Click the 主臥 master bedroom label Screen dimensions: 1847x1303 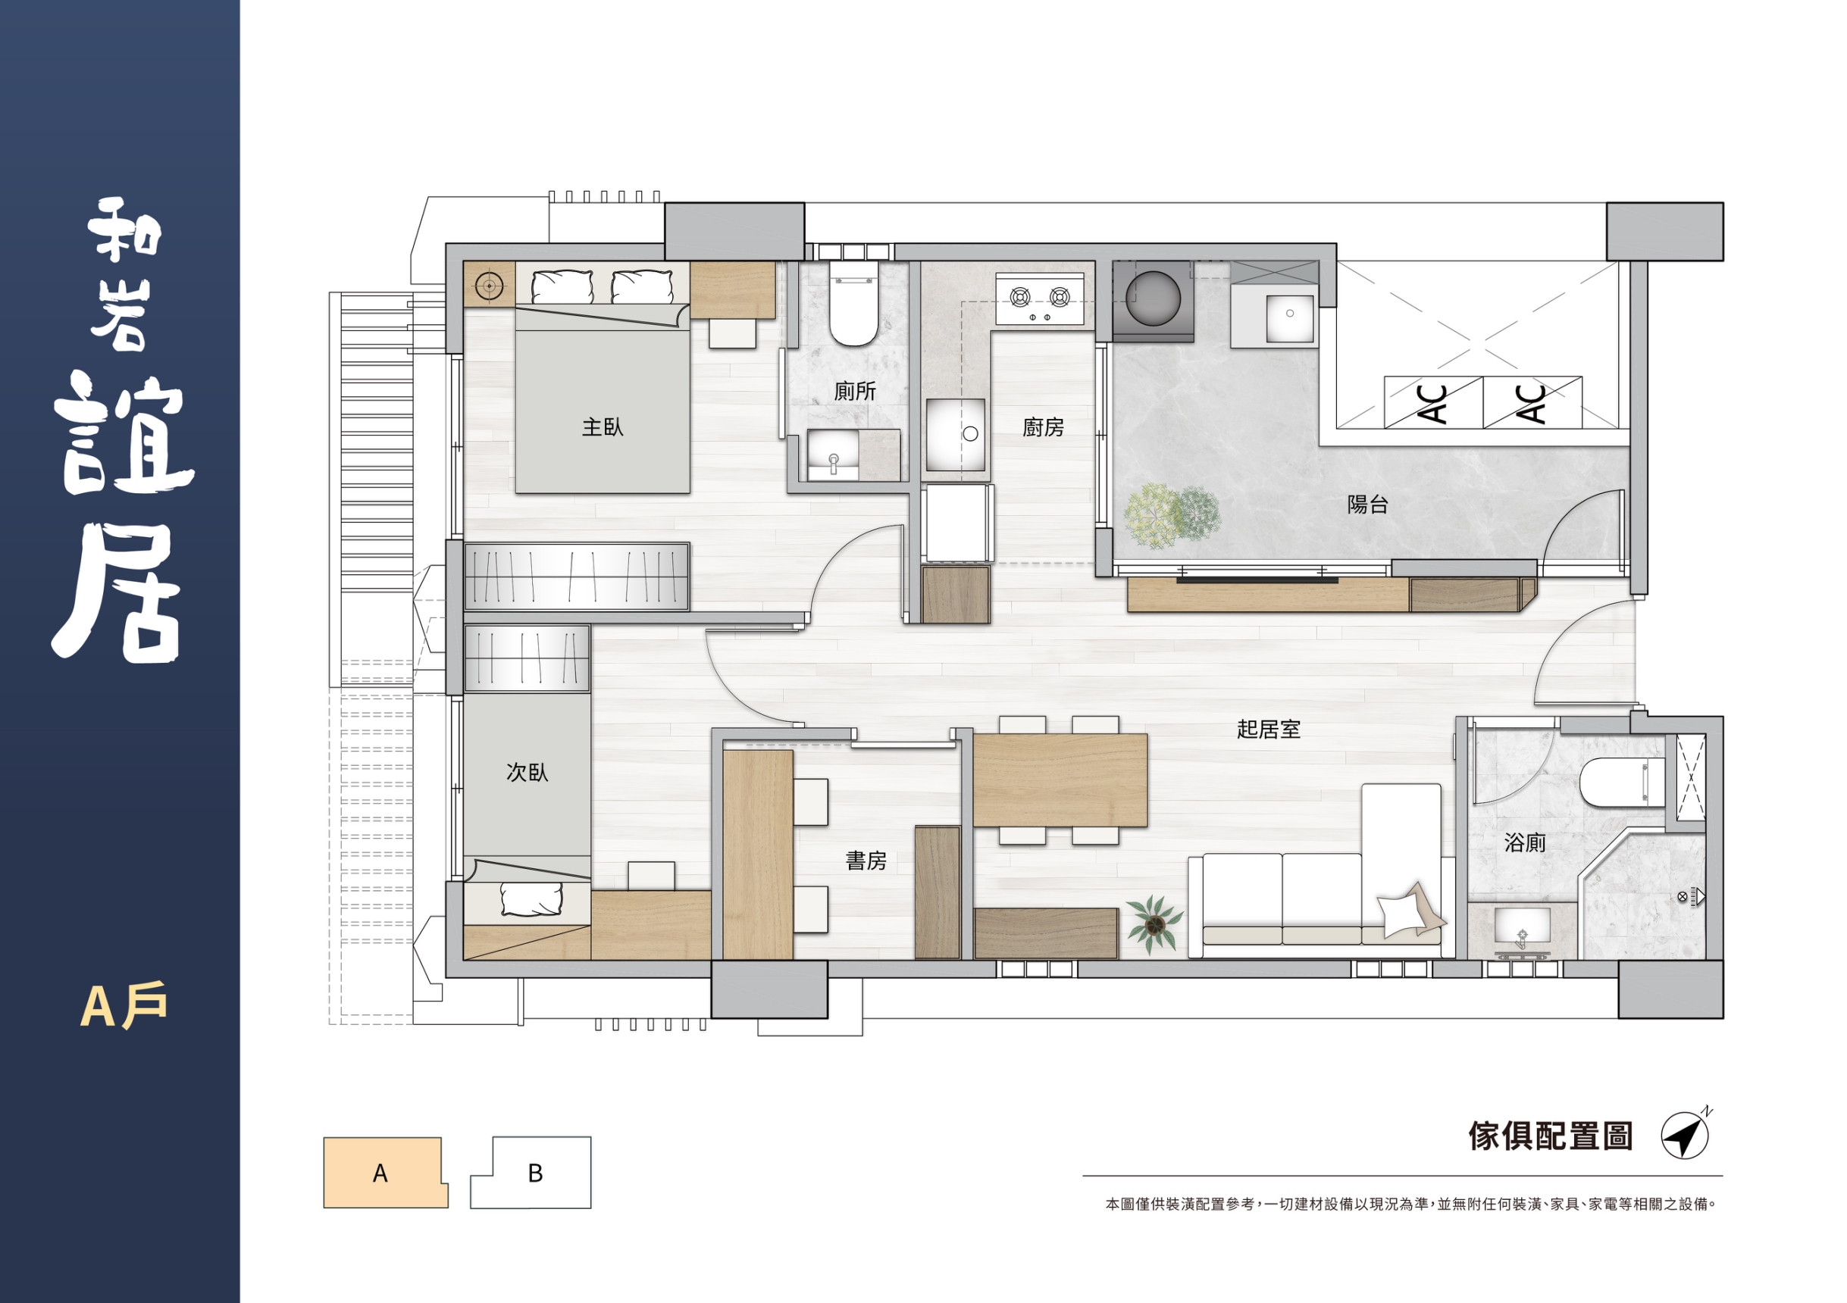603,427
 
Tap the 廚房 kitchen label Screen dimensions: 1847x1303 1044,427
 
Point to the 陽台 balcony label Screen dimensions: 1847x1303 1367,505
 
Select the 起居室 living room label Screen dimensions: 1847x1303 1269,729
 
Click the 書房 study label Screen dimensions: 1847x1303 866,861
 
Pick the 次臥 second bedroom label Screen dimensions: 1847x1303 527,772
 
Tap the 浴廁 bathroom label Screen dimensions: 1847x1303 1525,842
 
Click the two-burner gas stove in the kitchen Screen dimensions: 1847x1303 1039,299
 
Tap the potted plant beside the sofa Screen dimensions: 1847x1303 1154,924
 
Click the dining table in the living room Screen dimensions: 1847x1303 1060,780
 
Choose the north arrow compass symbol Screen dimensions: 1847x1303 1686,1134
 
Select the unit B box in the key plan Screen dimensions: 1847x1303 531,1173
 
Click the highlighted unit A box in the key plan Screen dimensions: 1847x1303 385,1173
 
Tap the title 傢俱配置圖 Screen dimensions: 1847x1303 1550,1136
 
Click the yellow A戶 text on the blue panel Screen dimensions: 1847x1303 124,1005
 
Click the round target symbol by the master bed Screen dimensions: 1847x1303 489,285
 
